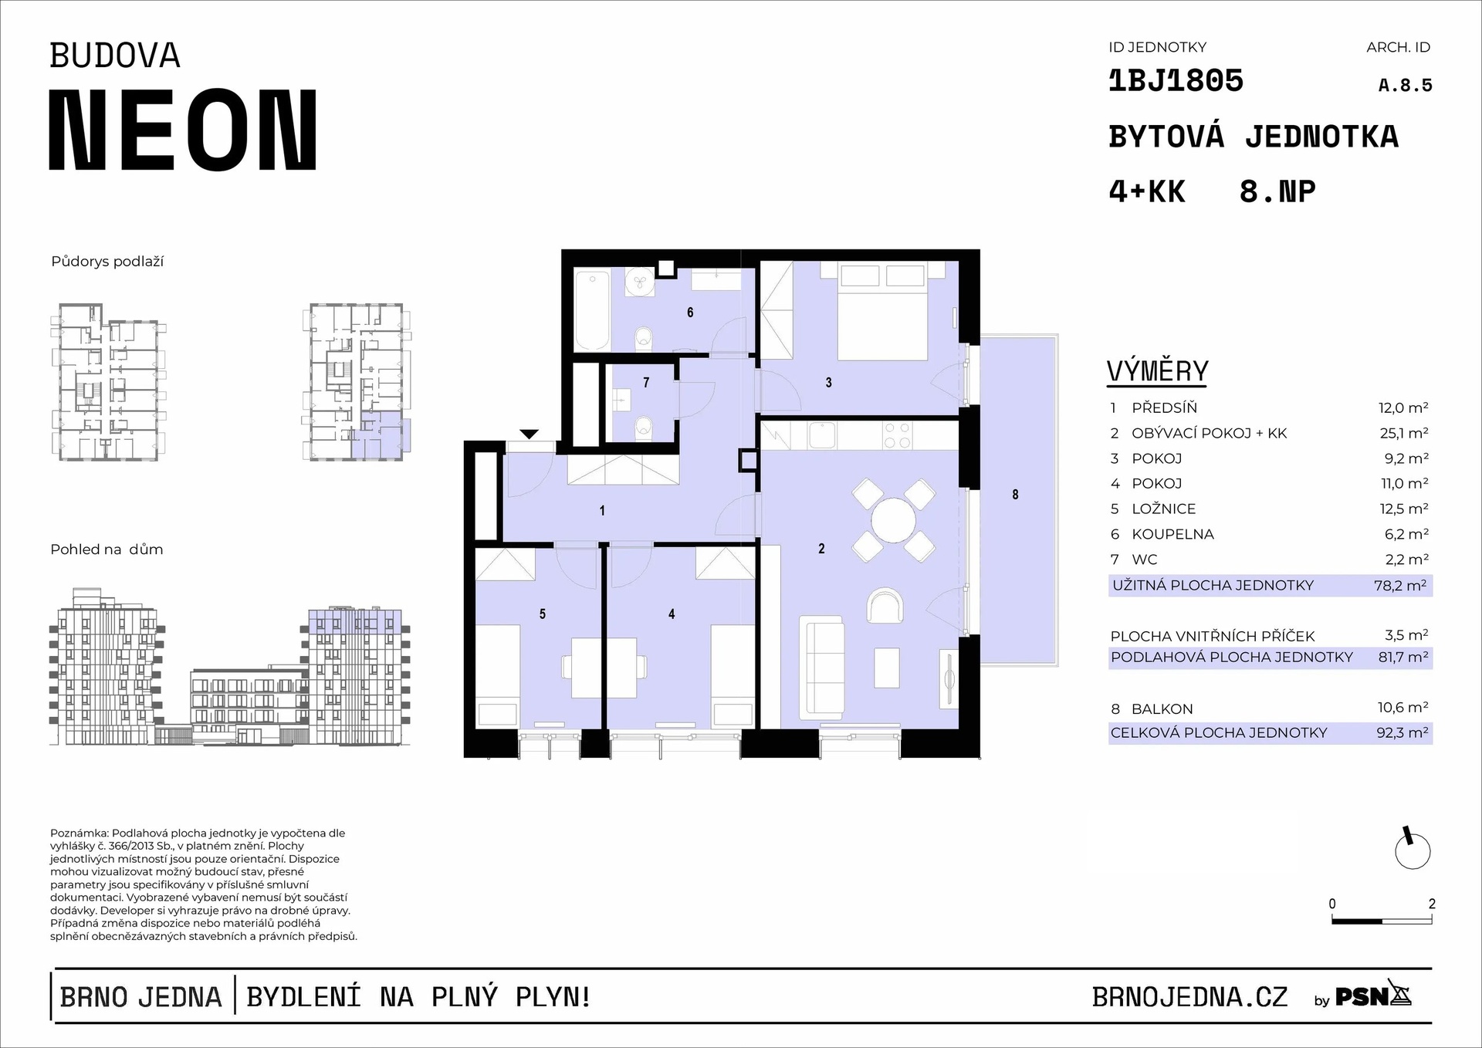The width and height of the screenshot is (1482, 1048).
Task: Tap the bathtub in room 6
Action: click(x=593, y=309)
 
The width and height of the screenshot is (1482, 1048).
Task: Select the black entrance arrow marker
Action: click(x=530, y=434)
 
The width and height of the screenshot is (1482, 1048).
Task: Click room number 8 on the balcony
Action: click(x=1015, y=495)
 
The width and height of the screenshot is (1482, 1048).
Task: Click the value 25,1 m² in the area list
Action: click(x=1404, y=433)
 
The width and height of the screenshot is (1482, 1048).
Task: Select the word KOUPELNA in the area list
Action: click(x=1172, y=534)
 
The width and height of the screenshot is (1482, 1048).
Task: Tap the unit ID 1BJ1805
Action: click(x=1176, y=81)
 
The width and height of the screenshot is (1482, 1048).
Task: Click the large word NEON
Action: click(x=183, y=130)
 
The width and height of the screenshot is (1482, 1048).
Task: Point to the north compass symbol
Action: click(x=1413, y=850)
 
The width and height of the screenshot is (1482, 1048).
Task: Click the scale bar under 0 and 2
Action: click(x=1382, y=921)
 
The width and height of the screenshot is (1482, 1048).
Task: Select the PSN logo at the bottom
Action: click(x=1373, y=996)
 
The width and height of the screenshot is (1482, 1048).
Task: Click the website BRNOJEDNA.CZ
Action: click(x=1189, y=997)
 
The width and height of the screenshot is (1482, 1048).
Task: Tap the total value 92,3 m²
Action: click(x=1402, y=732)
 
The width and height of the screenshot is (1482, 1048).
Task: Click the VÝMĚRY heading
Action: click(x=1157, y=371)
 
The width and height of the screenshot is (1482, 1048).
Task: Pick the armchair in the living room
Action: click(x=885, y=606)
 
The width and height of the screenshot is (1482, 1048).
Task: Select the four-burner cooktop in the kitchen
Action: click(x=896, y=435)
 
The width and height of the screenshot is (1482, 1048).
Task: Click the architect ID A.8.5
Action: click(x=1405, y=86)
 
